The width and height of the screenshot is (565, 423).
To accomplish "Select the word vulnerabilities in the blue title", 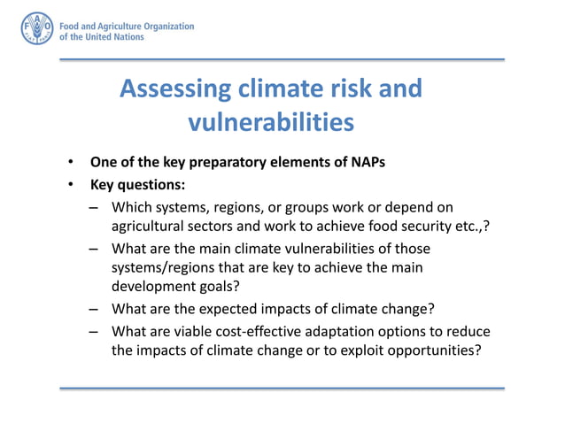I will pos(265,121).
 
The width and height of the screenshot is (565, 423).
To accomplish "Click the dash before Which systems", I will pos(94,208).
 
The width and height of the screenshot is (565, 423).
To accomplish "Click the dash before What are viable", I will pos(94,332).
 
